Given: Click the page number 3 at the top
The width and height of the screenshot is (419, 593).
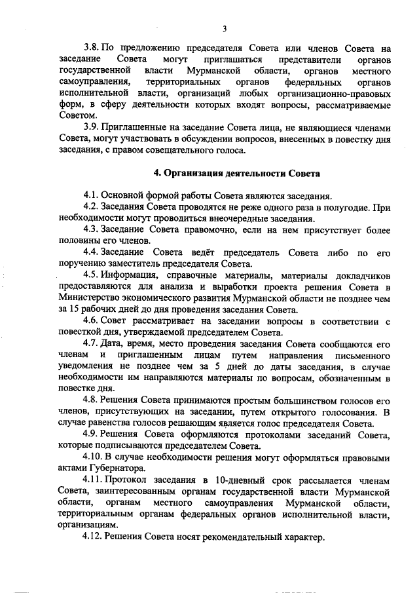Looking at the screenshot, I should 224,28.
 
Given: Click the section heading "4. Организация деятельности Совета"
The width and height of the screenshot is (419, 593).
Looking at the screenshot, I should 236,174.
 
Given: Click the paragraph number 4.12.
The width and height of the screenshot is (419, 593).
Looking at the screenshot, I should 96,537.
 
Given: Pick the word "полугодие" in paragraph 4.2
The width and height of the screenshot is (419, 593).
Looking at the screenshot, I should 346,207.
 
